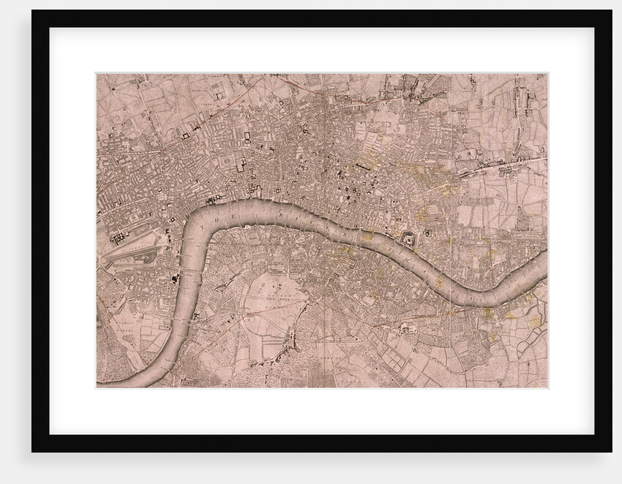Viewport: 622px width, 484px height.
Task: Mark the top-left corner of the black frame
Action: pos(33,11)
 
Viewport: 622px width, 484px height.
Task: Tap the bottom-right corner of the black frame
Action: pos(611,451)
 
